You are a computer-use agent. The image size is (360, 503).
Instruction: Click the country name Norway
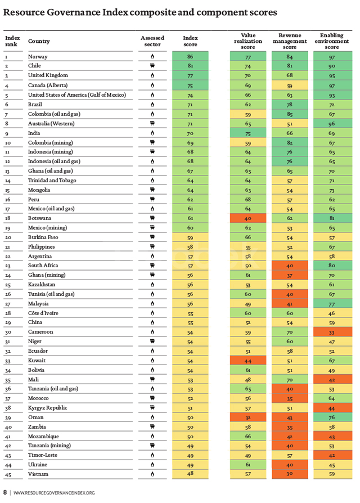click(x=38, y=57)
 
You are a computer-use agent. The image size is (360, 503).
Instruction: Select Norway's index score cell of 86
click(x=190, y=57)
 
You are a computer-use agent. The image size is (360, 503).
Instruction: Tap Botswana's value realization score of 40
click(x=247, y=217)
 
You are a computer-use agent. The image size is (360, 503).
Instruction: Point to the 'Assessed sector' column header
click(x=152, y=41)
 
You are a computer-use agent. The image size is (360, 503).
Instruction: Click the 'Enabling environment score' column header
click(x=331, y=41)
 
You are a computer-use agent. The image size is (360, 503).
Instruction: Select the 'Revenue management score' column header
click(x=289, y=41)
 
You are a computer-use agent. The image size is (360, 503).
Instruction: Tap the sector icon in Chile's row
click(x=152, y=66)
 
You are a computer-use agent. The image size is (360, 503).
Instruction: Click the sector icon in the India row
click(x=152, y=133)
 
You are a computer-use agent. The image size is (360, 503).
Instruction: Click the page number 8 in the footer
click(x=5, y=493)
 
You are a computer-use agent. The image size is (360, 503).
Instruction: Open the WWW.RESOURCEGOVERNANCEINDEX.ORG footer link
click(x=54, y=493)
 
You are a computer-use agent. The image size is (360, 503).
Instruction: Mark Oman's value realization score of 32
click(x=247, y=418)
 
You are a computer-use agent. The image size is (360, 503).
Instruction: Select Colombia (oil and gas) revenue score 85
click(x=289, y=114)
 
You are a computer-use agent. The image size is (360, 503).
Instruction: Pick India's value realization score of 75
click(x=247, y=133)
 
